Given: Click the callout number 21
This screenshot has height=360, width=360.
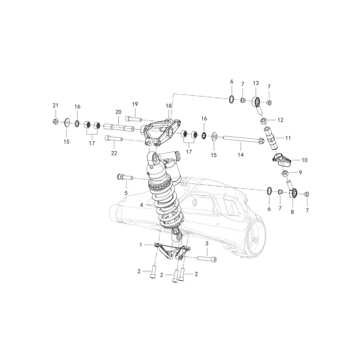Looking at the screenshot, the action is click(x=55, y=105).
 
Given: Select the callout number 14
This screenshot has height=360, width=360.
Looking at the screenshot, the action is click(x=240, y=155).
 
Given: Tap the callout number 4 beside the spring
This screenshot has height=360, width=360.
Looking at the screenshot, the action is click(x=141, y=205).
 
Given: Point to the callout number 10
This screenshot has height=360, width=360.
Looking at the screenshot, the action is click(x=305, y=160).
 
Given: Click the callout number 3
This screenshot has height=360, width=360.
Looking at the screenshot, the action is click(x=207, y=243).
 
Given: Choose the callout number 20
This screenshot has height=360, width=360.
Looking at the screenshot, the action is click(x=118, y=112).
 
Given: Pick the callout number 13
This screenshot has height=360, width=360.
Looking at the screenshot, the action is click(x=256, y=83).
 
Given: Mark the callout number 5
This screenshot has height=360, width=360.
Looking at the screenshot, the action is click(x=126, y=193).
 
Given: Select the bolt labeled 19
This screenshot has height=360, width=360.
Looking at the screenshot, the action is click(x=133, y=119).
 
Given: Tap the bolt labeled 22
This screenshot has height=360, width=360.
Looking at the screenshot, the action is click(x=114, y=139).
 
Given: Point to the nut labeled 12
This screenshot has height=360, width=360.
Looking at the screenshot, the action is click(x=264, y=121).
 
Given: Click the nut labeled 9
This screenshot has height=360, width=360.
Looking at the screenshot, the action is click(x=285, y=173).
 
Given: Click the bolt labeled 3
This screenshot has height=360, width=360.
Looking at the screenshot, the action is click(x=207, y=259).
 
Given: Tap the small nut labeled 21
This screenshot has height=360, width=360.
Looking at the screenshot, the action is click(x=55, y=121).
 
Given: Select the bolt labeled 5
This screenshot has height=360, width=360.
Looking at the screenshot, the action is click(x=125, y=177).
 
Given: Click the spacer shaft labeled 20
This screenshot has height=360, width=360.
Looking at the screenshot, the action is click(x=118, y=127).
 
